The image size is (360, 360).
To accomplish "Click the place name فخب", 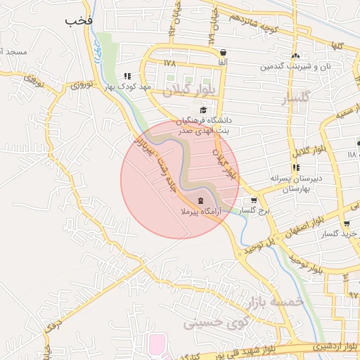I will (x=79, y=20).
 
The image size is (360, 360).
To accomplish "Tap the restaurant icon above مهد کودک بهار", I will (x=127, y=77).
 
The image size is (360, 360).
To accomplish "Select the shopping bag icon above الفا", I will (x=223, y=53).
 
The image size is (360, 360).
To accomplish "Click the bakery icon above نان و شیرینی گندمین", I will (x=295, y=56).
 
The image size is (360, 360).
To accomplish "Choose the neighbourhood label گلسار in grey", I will (x=295, y=99).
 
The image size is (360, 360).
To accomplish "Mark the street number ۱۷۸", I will (x=169, y=63).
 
